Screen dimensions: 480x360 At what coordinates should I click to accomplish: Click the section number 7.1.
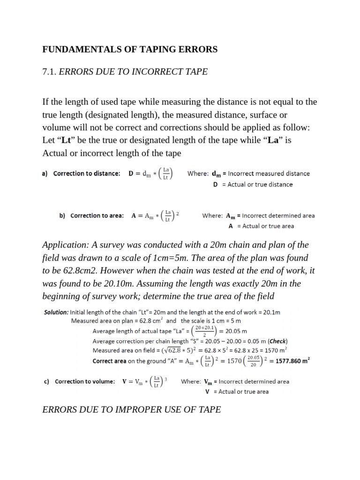click(x=49, y=72)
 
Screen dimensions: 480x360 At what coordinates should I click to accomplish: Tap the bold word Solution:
click(x=56, y=312)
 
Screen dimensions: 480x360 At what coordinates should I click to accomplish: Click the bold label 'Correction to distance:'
click(x=87, y=173)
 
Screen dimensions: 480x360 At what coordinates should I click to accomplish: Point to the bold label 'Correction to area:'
click(x=97, y=216)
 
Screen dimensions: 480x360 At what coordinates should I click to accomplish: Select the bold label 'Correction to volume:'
click(x=85, y=382)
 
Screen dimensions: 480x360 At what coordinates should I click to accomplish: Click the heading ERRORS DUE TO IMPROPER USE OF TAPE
click(x=131, y=410)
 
